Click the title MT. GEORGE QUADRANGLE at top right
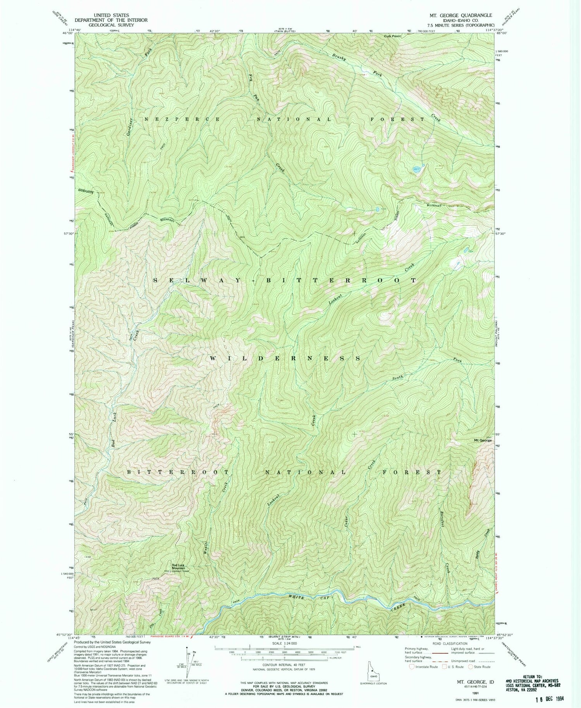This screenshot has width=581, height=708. (460, 15)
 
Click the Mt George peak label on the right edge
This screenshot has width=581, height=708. (483, 440)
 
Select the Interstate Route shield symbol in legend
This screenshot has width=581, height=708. (412, 667)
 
